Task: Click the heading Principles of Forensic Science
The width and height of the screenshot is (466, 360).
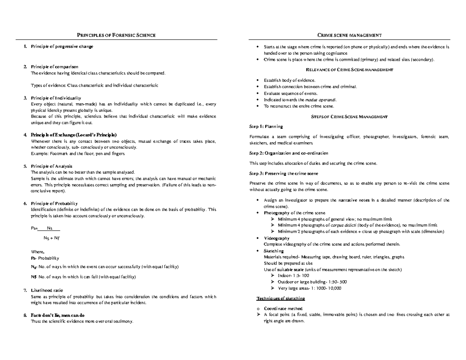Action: coord(116,36)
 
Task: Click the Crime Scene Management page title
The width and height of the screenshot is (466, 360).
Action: coord(349,36)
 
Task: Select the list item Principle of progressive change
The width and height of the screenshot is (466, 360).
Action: coord(62,47)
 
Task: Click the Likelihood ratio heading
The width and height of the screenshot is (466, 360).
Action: coord(47,290)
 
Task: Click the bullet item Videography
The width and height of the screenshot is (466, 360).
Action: coord(276,238)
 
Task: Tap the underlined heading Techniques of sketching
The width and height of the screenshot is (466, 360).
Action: coord(280,298)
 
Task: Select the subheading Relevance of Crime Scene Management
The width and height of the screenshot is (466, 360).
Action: coord(349,70)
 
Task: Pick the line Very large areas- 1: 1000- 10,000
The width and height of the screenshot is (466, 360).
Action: coord(310,288)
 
